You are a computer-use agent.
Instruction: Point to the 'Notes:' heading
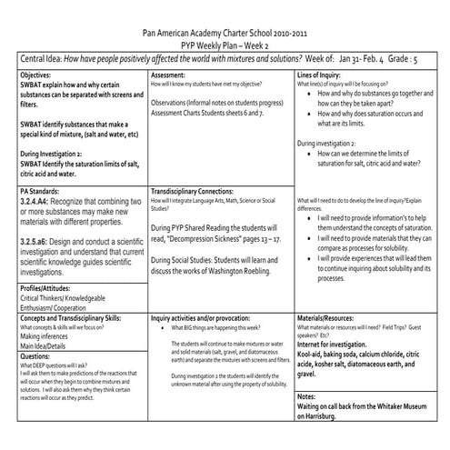[308, 396]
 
